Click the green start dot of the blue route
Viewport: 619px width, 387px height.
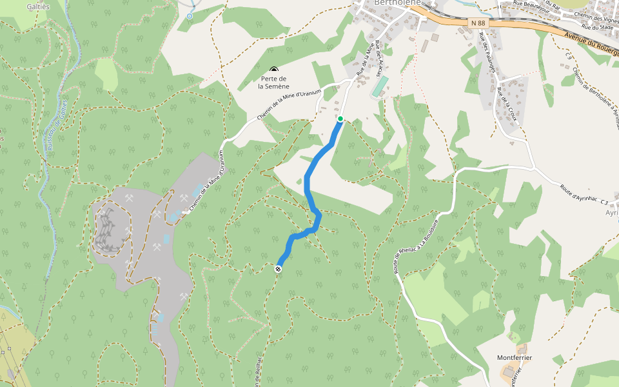340,119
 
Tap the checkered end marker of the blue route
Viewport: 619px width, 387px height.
278,269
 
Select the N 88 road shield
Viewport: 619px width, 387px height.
478,23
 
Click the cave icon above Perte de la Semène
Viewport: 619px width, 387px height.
274,70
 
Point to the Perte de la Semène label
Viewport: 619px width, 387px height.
273,82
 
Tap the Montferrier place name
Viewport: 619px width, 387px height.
514,357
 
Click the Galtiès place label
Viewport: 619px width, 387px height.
38,6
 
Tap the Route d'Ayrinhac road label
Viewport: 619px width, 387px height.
580,194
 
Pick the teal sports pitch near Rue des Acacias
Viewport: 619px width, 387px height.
380,86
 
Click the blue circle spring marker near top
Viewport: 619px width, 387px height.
190,15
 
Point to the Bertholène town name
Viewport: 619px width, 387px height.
397,3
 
